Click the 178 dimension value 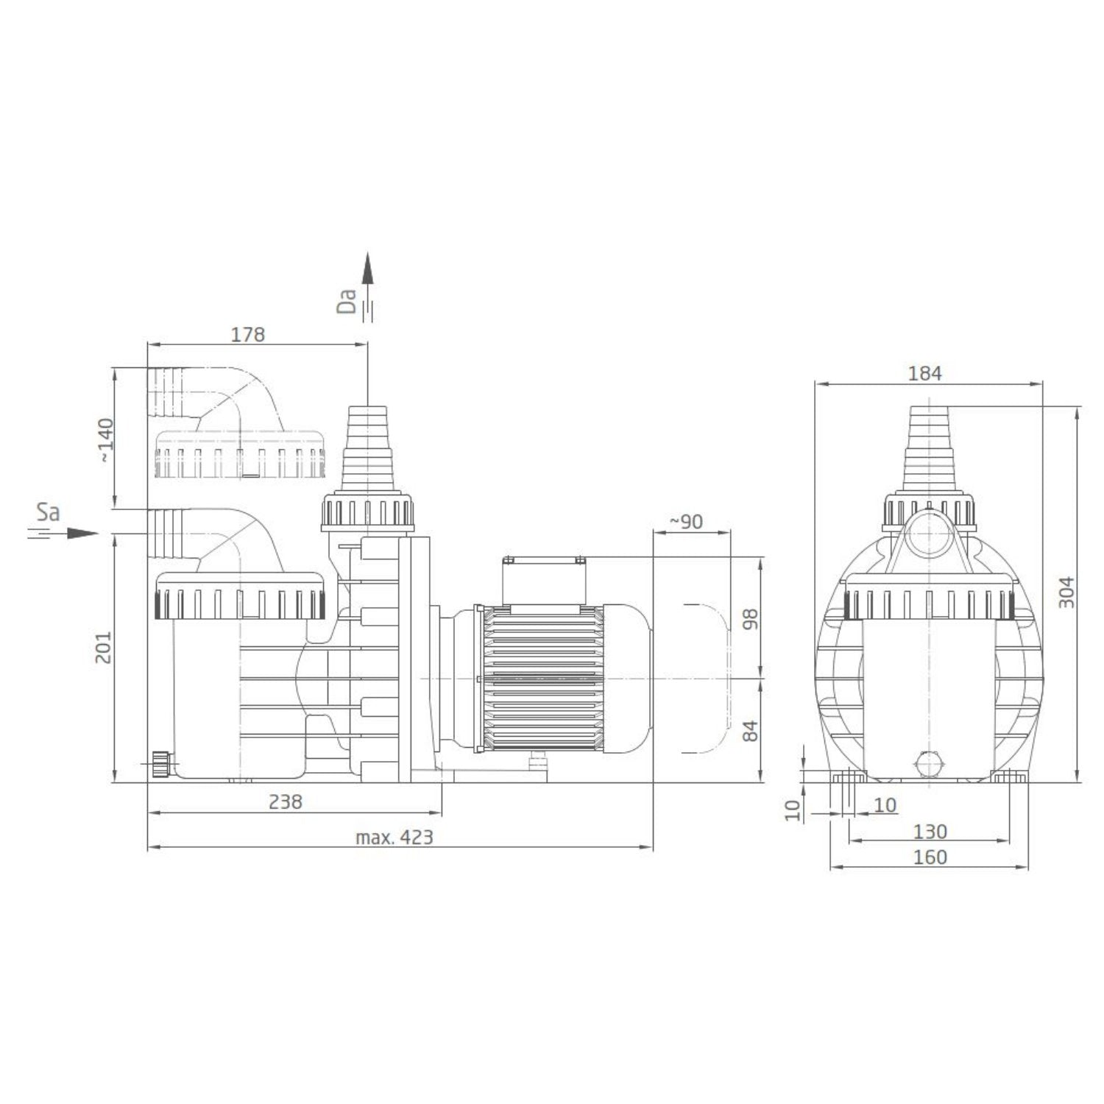[x=248, y=334]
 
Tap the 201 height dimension [x=104, y=647]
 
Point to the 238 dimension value [x=286, y=802]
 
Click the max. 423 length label [x=394, y=837]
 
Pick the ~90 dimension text [x=686, y=522]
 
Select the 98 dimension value [x=750, y=620]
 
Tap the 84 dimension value [x=750, y=731]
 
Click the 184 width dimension [x=925, y=373]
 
